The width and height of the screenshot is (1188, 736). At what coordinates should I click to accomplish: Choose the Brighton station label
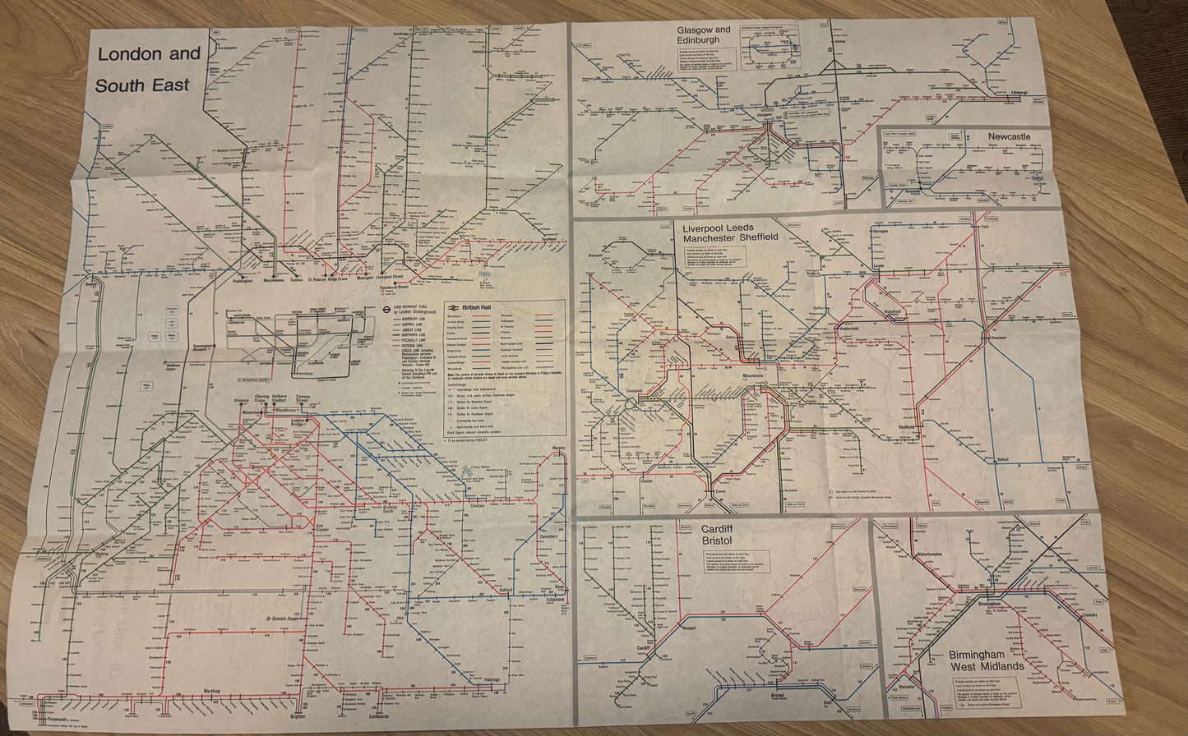(x=297, y=716)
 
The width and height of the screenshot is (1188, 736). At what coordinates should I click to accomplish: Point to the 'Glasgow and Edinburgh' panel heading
(x=704, y=34)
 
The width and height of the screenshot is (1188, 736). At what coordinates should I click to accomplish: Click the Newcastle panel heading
(x=1009, y=136)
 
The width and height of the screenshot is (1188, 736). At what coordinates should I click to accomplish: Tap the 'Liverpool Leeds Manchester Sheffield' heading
(x=730, y=232)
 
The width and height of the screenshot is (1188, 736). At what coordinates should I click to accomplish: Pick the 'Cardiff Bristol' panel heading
(x=716, y=535)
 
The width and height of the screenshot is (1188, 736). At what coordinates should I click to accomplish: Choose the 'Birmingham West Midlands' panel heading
(x=987, y=660)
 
